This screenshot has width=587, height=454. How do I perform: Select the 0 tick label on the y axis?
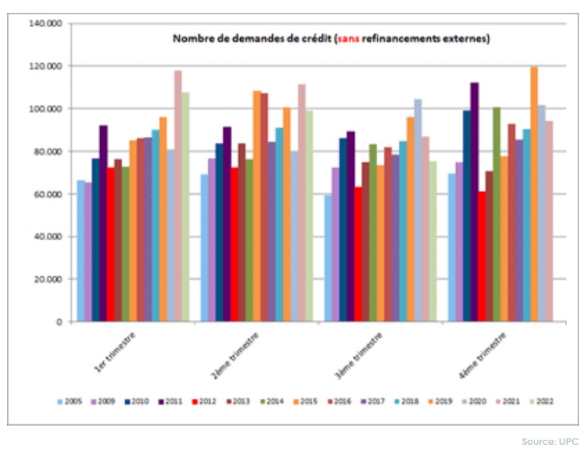[x=60, y=322]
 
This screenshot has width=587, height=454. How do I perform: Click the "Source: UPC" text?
[x=550, y=442]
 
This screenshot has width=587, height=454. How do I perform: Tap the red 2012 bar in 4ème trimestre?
[x=482, y=256]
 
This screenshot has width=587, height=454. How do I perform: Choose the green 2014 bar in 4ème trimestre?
[x=497, y=214]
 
